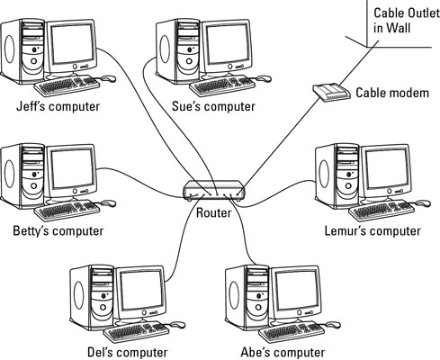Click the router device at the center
coord(214,191)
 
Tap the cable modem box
coord(331,93)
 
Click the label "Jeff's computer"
coord(58,106)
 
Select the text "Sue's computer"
coord(213,106)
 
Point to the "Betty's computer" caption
coord(58,231)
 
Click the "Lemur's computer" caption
coord(373,231)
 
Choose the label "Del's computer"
coord(128,352)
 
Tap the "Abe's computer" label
coord(283,352)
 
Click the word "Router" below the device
coord(213,212)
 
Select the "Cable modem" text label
coord(392,93)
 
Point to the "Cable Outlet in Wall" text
coord(407,21)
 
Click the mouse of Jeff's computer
coord(108,78)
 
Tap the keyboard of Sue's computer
coord(222,85)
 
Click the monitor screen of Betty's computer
coord(72,168)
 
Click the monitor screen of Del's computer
coord(141,290)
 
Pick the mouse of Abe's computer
coord(333,325)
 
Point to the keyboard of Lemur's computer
coord(382,211)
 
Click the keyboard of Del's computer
coord(136,332)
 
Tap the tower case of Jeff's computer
coord(23,51)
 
